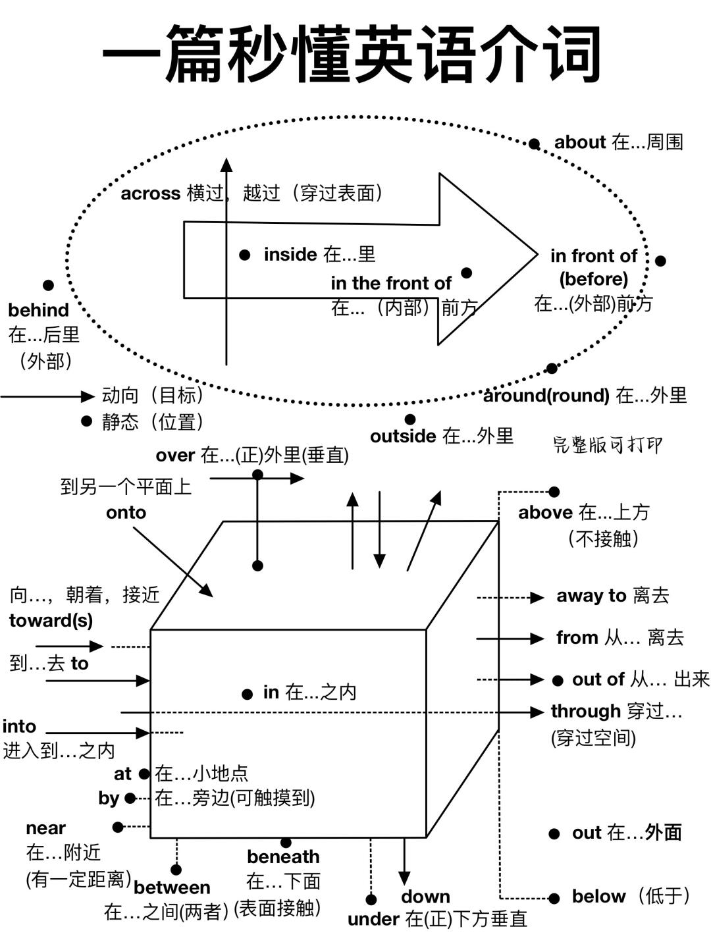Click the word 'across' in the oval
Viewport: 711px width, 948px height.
click(150, 194)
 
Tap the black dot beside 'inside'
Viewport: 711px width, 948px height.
click(245, 255)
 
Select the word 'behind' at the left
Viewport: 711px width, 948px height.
click(38, 310)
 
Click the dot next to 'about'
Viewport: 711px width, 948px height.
click(535, 144)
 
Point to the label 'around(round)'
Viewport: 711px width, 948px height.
click(546, 396)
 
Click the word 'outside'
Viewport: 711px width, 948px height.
click(403, 436)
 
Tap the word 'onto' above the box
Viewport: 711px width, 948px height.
click(126, 513)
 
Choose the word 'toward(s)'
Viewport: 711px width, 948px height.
click(51, 621)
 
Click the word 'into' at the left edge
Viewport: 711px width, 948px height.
click(19, 727)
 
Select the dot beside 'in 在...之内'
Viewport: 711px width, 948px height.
click(248, 694)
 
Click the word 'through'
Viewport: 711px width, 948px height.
click(585, 712)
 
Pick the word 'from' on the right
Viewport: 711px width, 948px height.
click(577, 638)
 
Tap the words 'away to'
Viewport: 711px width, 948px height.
click(591, 596)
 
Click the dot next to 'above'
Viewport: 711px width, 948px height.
click(554, 492)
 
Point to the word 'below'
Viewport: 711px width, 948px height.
click(598, 897)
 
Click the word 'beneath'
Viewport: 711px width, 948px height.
click(283, 857)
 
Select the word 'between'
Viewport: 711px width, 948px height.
click(172, 888)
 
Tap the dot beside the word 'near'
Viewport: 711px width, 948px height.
click(118, 827)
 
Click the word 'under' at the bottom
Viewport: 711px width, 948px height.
click(373, 920)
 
